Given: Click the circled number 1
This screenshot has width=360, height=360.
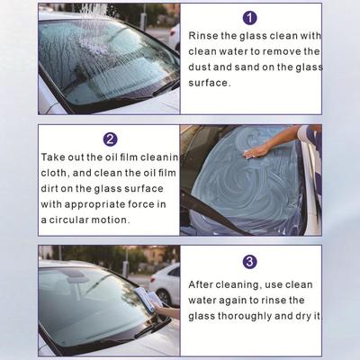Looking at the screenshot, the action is (250, 18).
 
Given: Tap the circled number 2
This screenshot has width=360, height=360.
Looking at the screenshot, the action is (110, 139).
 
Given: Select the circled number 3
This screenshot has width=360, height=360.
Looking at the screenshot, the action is (250, 262).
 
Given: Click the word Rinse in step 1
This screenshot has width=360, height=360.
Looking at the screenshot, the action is (203, 36).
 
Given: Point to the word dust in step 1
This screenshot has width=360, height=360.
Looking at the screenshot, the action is (199, 67).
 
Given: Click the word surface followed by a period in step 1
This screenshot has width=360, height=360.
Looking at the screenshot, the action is (210, 83).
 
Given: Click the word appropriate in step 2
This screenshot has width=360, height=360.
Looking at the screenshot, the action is (94, 204).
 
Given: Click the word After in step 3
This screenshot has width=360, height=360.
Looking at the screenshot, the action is (201, 284).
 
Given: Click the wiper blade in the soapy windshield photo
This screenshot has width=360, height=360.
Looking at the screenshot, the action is (210, 211).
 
